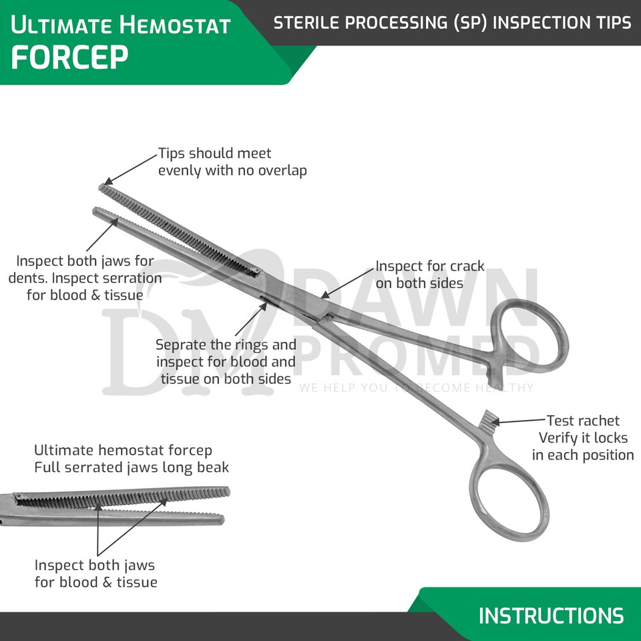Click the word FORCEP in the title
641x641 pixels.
pos(69,58)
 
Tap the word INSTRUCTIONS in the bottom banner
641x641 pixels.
pos(551,615)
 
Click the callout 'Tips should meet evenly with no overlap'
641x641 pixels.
pos(232,162)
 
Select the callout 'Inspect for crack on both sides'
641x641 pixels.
pos(429,274)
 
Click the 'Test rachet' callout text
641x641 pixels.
pos(582,438)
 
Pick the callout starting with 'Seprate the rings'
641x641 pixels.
pos(226,362)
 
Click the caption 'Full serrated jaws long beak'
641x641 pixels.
pos(131,467)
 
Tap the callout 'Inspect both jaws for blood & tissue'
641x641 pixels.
pos(95,574)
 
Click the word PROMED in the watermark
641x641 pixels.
pos(417,354)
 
